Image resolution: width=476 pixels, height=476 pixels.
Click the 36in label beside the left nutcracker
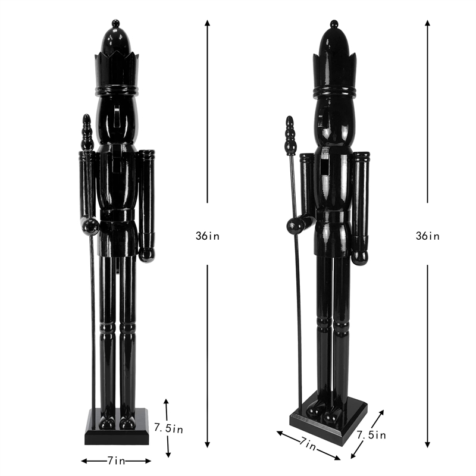pos(207,236)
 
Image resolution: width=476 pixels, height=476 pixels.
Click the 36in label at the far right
pos(427,236)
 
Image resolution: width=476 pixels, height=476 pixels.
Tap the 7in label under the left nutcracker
pos(117,461)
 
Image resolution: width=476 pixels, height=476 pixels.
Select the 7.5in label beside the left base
pos(168,427)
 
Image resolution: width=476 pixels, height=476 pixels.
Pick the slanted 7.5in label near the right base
pos(371,435)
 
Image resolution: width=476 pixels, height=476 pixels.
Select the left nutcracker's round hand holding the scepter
pos(90,226)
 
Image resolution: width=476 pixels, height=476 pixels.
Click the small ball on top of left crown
pos(117,23)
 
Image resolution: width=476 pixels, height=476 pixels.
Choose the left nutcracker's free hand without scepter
pos(146,254)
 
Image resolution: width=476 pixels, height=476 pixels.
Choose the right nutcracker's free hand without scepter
pos(359,257)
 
